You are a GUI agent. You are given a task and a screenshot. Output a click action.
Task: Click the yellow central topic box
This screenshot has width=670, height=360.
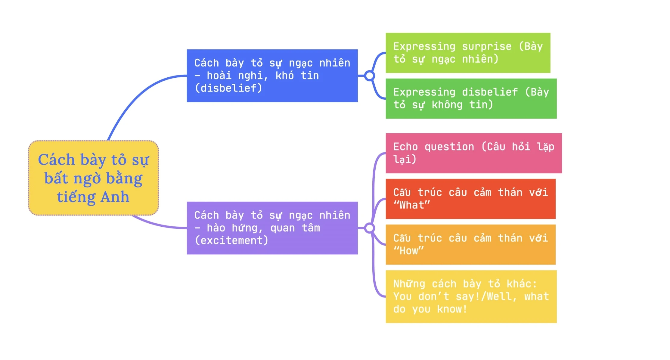pos(93,178)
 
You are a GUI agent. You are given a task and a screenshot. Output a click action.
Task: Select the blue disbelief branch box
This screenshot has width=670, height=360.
pos(272,76)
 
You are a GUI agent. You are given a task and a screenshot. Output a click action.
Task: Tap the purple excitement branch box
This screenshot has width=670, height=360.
pos(272,228)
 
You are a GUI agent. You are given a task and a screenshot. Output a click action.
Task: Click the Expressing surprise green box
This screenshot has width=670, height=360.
pos(468,53)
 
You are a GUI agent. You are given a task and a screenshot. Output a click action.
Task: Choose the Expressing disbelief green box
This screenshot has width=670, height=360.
pos(471,98)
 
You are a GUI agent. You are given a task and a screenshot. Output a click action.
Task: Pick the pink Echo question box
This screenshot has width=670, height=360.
pos(473,153)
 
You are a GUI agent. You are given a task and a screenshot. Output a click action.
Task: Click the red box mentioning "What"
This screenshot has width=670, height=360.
pos(470,199)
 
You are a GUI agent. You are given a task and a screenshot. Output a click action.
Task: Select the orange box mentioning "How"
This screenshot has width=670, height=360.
pos(470,244)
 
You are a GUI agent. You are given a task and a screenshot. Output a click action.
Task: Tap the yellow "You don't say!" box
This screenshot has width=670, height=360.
pos(471,296)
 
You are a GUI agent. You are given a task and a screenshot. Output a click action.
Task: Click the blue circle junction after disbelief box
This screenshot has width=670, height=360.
pos(369,76)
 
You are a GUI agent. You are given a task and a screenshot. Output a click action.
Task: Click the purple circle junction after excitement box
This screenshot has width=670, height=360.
pos(369,228)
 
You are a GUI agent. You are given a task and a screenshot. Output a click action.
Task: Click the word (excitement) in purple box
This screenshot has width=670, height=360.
pos(231,241)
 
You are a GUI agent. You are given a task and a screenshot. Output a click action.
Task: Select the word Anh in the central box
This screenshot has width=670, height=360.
pos(115,197)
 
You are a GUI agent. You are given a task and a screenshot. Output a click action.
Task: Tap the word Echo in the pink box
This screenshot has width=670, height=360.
pos(405,147)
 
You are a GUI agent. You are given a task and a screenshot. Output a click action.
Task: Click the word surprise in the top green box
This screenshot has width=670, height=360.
pos(486,47)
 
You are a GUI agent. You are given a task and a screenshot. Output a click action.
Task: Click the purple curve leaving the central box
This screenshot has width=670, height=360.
pos(157,224)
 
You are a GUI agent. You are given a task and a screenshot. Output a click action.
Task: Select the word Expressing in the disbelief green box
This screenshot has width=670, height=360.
pos(424,92)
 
